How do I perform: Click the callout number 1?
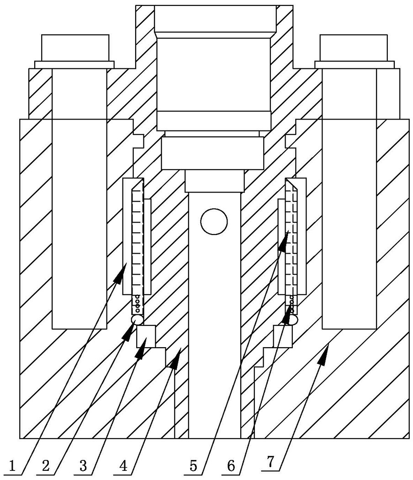point(12,466)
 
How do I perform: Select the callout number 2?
point(46,466)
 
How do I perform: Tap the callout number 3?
point(83,466)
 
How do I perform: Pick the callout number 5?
point(193,466)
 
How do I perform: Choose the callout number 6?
point(231,466)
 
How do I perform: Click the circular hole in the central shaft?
point(214,222)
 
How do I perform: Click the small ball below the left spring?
point(137,320)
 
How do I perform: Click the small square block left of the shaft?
point(146,336)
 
